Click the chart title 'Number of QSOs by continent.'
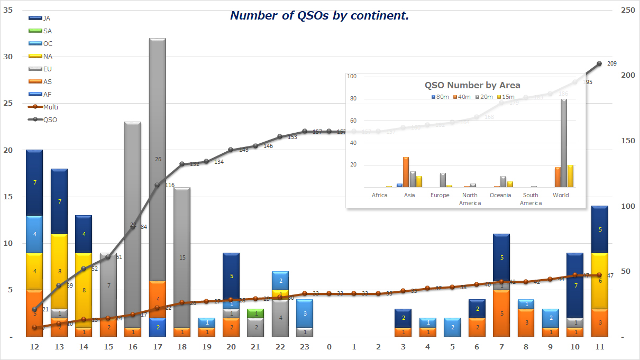(x=319, y=16)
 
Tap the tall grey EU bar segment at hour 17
(x=158, y=159)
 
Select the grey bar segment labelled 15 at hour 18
(x=182, y=257)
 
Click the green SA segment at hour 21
(x=256, y=313)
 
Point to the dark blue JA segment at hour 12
(x=34, y=182)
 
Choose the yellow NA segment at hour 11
(x=599, y=281)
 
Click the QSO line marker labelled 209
(x=599, y=63)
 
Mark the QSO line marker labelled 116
(x=157, y=185)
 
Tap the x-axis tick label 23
(x=305, y=347)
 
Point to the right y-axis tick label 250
(x=627, y=10)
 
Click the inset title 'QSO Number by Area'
(x=472, y=85)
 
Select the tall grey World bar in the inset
(x=564, y=143)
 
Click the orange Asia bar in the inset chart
(x=406, y=172)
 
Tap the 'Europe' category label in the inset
(x=440, y=195)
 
